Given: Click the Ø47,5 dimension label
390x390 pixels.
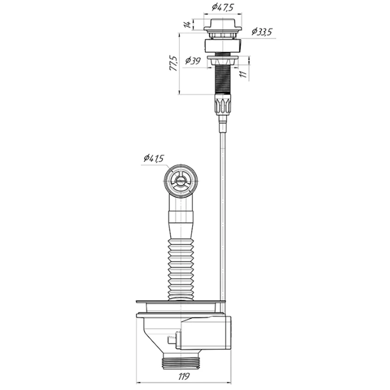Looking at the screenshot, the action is click(x=223, y=8).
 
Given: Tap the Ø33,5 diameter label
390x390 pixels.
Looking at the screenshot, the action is click(x=262, y=32).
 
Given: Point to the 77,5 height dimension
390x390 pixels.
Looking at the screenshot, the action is click(x=174, y=64).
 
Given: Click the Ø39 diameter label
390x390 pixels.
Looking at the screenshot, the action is click(x=193, y=60).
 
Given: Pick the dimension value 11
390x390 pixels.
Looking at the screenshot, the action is click(x=244, y=74).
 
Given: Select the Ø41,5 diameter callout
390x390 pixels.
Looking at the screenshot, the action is click(x=154, y=158).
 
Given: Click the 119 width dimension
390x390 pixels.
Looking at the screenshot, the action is click(x=184, y=376).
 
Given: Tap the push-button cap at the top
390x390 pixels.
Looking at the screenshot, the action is click(x=223, y=25).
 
